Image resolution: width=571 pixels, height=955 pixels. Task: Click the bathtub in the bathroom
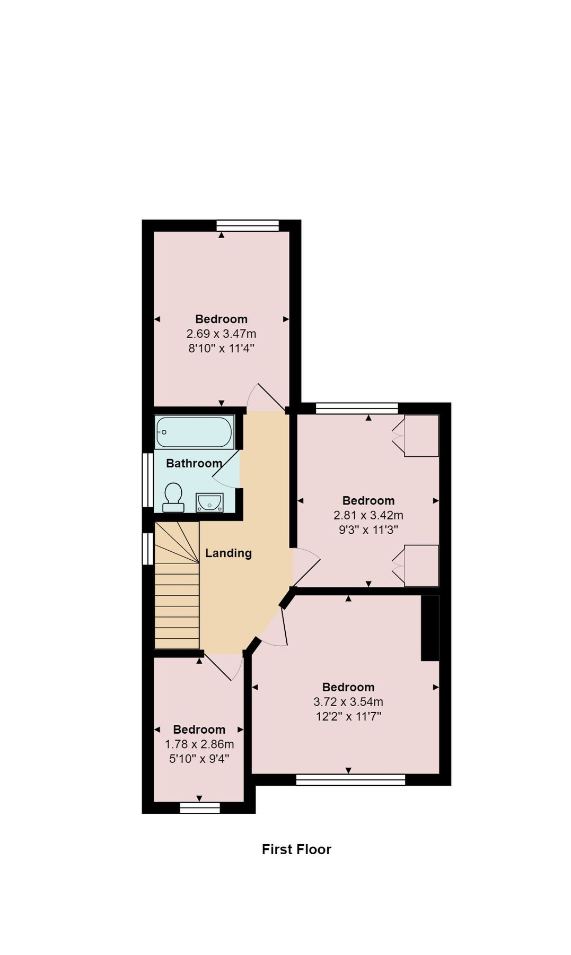194,432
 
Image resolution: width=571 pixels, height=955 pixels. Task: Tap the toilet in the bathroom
173,498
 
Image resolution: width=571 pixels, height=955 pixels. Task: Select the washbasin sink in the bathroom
209,502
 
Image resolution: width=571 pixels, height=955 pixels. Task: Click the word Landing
229,553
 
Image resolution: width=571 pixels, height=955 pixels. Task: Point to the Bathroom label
194,463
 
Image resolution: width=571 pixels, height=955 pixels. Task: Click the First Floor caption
296,849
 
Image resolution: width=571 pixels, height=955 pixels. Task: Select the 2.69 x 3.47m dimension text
221,334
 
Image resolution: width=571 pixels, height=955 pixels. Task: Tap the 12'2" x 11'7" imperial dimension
348,716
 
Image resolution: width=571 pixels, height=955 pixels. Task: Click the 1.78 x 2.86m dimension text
199,744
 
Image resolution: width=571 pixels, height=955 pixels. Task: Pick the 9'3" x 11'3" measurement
368,529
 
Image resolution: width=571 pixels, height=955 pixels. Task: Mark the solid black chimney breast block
430,628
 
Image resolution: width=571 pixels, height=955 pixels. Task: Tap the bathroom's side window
148,480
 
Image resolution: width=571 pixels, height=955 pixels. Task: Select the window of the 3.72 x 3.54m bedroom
350,779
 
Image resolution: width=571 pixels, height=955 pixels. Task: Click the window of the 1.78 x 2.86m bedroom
200,808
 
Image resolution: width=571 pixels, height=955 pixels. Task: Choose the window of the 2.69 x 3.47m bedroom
248,225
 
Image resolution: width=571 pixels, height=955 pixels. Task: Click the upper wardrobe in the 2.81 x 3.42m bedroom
421,436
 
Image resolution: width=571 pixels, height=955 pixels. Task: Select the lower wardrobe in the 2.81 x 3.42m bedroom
421,566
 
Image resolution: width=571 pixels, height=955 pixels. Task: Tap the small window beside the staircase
148,549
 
